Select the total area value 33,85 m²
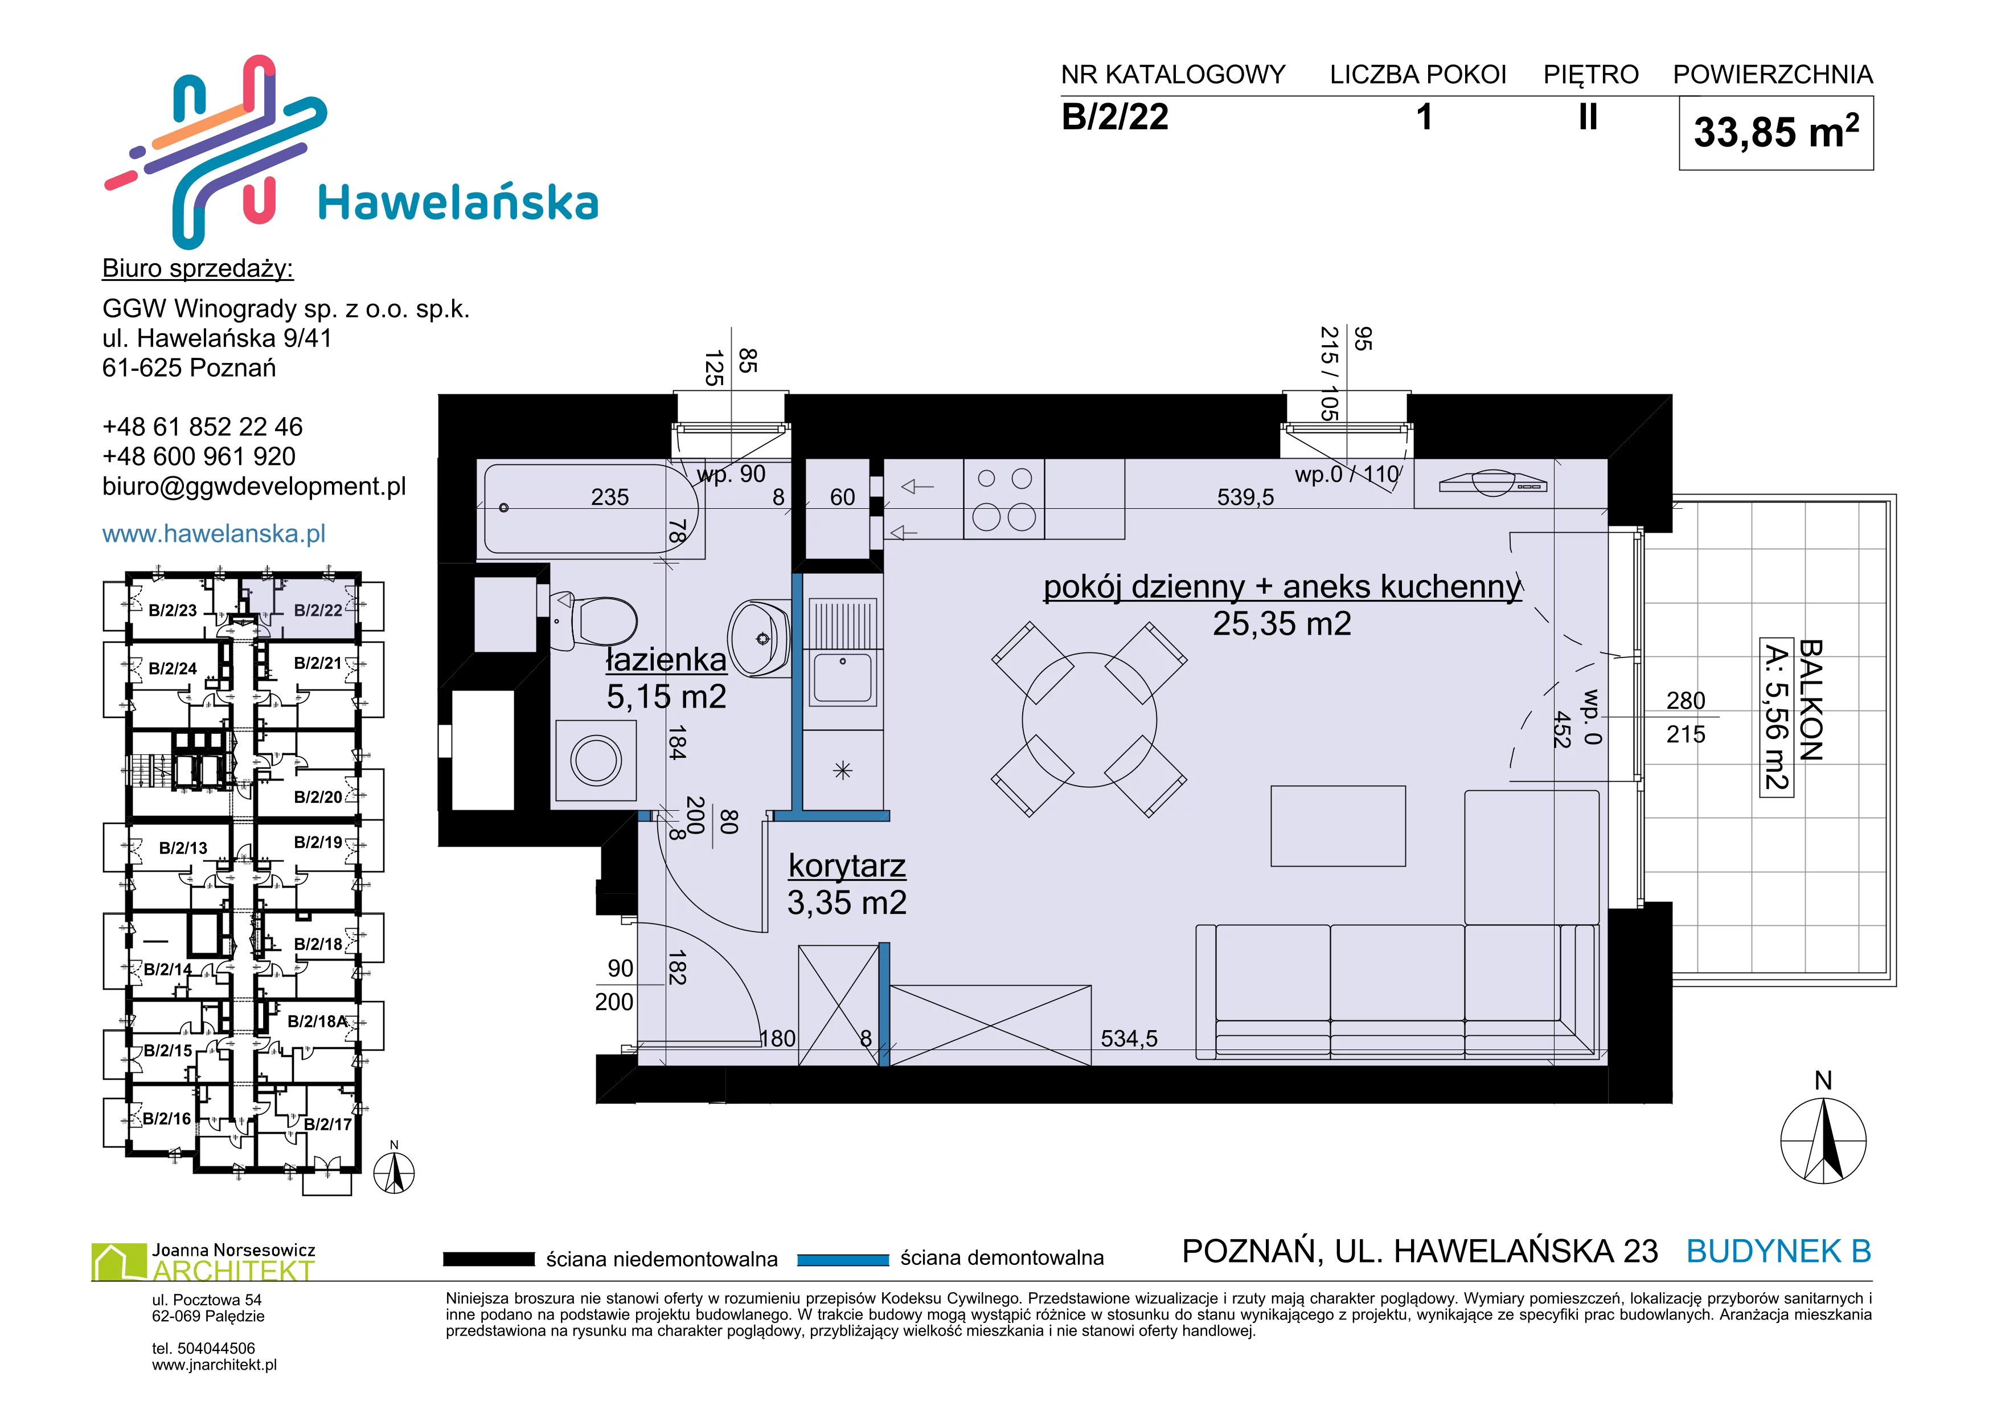tap(1776, 132)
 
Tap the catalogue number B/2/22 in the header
tap(1115, 117)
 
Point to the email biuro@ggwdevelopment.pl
tap(254, 487)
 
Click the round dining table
tap(1089, 720)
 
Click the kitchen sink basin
tap(842, 679)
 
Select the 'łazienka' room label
tap(666, 660)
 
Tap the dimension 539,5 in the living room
tap(1245, 497)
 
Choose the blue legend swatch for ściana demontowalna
tap(842, 1259)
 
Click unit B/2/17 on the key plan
tap(327, 1124)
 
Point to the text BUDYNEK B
tap(1779, 1251)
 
